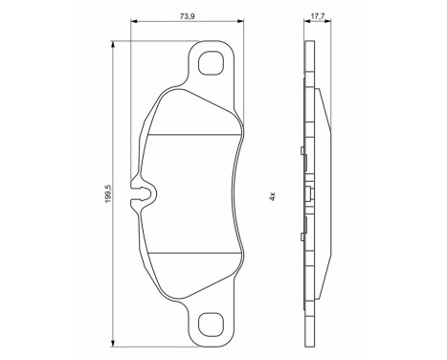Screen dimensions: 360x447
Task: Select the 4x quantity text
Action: [x=273, y=195]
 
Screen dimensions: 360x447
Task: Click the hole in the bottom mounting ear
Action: [x=210, y=326]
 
